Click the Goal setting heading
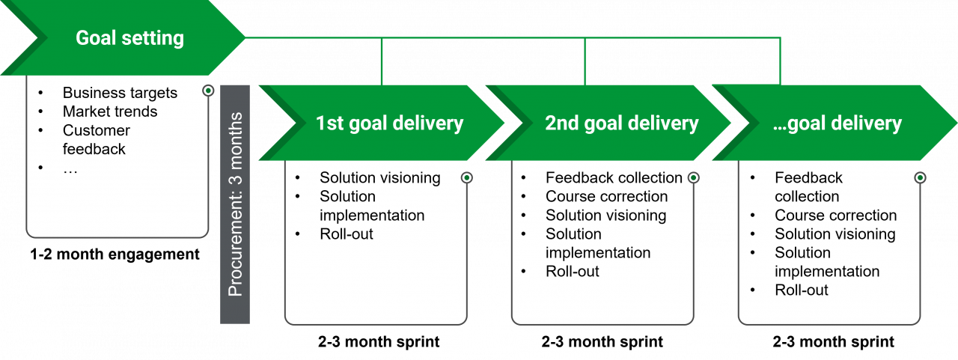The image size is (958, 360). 129,37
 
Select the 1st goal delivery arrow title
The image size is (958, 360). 389,123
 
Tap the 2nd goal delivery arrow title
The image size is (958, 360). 621,123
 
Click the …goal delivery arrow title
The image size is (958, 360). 837,123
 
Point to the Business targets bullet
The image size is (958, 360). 120,93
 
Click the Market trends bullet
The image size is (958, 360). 110,112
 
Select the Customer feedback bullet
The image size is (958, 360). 96,139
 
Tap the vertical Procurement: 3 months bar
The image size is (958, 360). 235,204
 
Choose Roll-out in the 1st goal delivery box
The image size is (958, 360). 346,234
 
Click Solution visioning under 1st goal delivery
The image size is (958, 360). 379,177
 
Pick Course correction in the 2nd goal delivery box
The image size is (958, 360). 606,196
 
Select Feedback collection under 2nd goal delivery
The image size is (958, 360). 614,177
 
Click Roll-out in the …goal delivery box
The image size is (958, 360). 802,290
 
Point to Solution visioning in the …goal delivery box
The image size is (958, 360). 835,234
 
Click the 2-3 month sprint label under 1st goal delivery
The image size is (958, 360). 379,342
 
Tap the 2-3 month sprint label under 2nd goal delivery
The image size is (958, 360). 602,342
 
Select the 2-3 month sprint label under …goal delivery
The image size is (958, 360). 833,342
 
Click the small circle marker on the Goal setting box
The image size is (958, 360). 208,91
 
